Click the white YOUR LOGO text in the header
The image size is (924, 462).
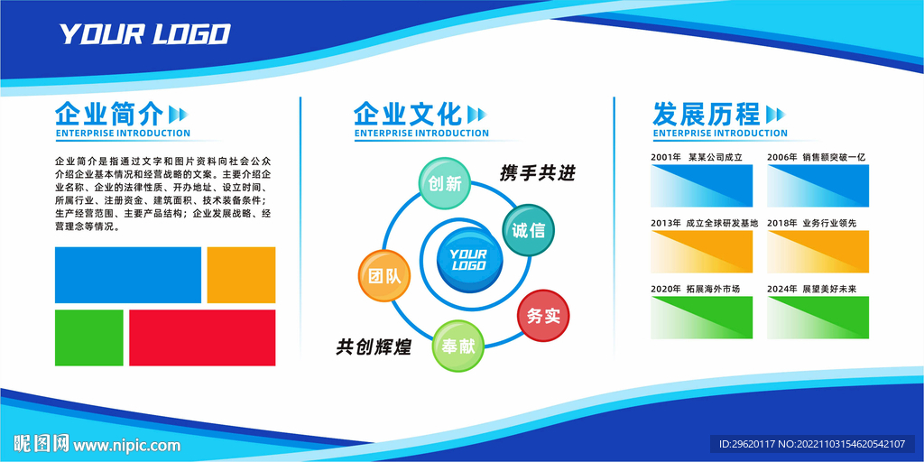click(x=144, y=34)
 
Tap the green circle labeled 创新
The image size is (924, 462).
click(x=445, y=183)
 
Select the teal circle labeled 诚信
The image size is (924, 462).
click(x=528, y=230)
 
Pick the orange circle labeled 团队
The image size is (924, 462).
click(x=384, y=276)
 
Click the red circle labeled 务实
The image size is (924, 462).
click(x=543, y=315)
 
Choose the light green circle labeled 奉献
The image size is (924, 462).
click(x=458, y=346)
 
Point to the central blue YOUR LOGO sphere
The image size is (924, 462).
click(x=469, y=260)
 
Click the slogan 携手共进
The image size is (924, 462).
click(x=537, y=173)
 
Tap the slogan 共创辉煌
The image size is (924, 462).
click(x=374, y=346)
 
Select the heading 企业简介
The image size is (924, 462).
click(x=109, y=114)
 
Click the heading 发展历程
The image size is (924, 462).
click(x=707, y=114)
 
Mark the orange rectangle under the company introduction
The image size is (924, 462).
click(x=241, y=275)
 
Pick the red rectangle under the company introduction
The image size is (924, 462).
click(x=202, y=337)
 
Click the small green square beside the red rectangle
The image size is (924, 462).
click(x=89, y=337)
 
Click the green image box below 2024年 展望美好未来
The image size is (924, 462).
click(x=818, y=318)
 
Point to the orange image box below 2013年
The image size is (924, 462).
click(x=702, y=252)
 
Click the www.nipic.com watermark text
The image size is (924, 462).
click(x=126, y=444)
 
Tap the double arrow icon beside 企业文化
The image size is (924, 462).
click(x=476, y=114)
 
